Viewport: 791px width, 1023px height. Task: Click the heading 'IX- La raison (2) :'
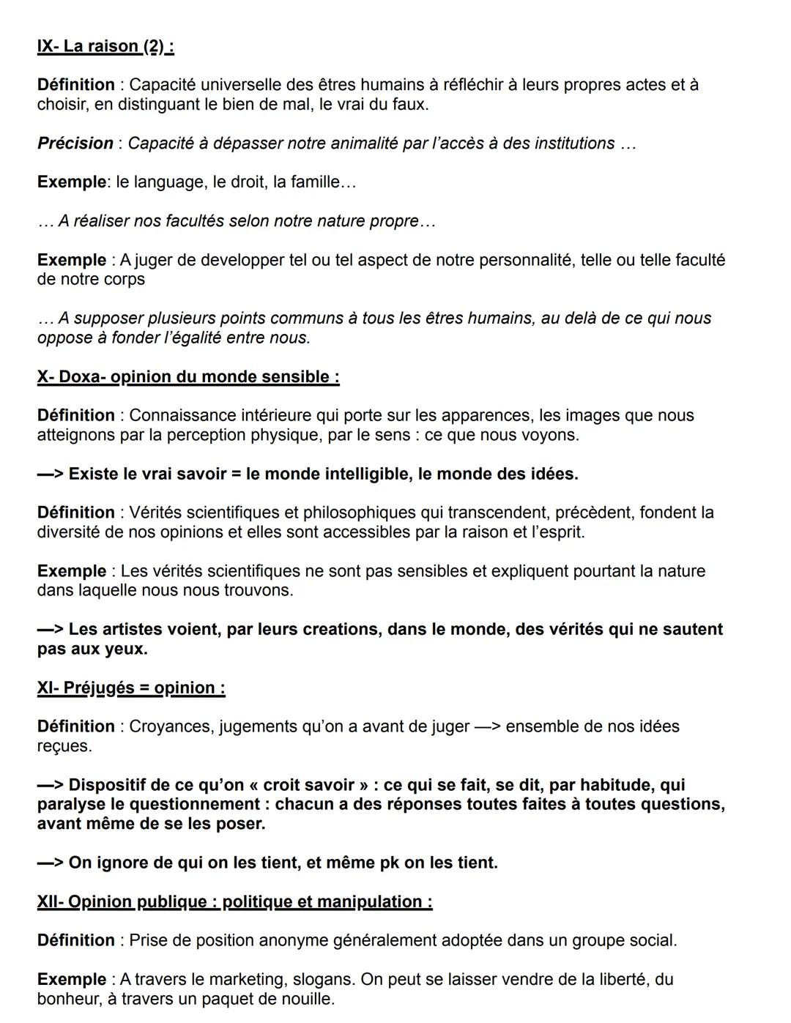pos(105,47)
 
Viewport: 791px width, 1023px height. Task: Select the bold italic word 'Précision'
pos(75,144)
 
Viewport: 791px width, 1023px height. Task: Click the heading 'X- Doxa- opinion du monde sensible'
pos(188,377)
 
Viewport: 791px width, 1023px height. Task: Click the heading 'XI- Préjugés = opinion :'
pos(131,688)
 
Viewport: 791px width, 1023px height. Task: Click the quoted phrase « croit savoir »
pos(309,786)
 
